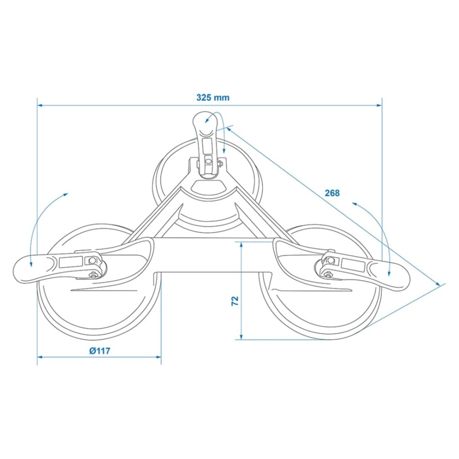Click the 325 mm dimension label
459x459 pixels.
coord(213,97)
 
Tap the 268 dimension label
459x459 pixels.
coord(332,193)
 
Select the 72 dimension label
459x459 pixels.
coord(235,301)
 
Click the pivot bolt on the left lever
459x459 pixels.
coord(90,261)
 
